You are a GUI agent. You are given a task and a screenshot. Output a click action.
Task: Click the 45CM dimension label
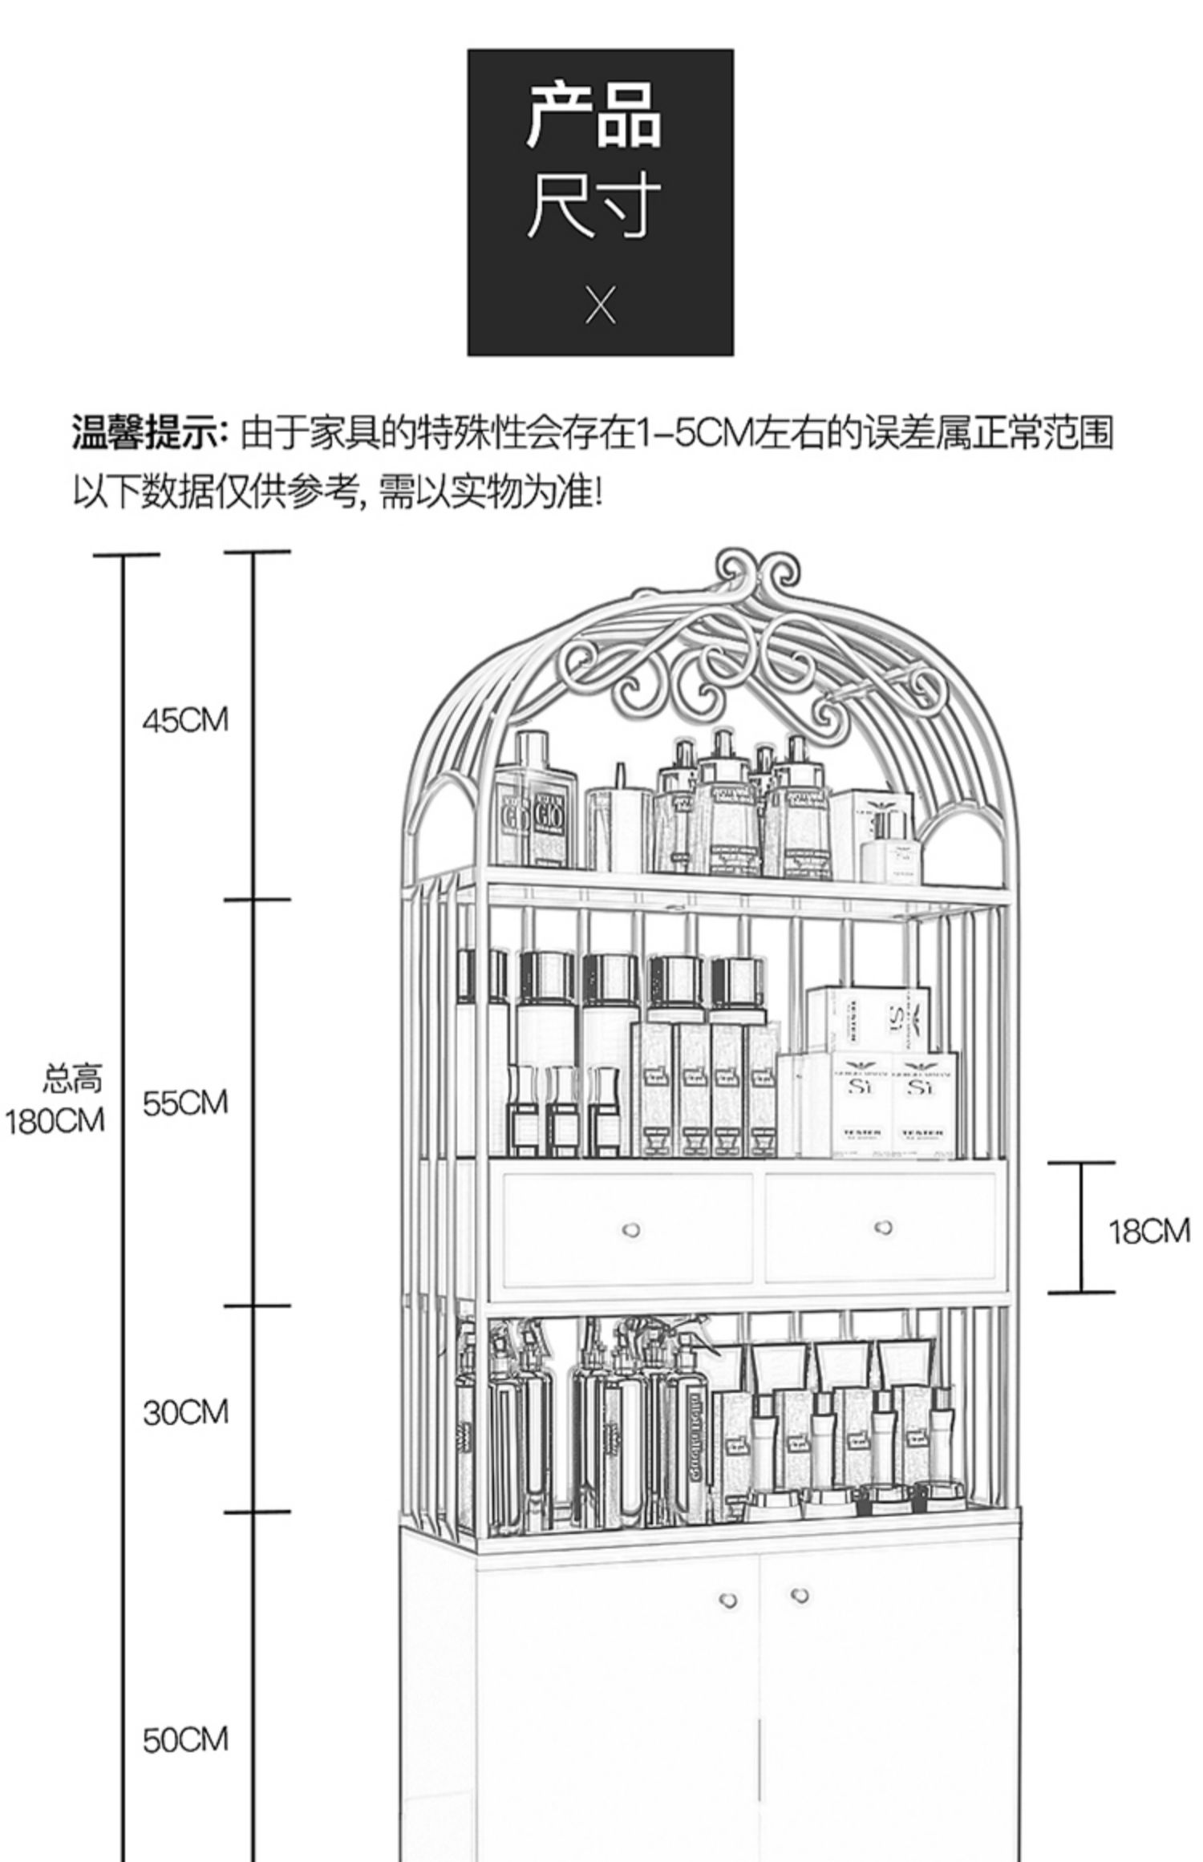pos(185,720)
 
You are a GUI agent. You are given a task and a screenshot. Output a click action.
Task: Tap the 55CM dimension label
pos(185,1103)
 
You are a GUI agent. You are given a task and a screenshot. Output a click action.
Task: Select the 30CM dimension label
pos(185,1412)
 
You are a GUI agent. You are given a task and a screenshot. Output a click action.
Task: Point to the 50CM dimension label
pos(185,1740)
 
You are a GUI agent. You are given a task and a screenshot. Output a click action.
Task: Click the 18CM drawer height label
pos(1148,1231)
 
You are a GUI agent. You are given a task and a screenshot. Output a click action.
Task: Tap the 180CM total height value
pos(55,1121)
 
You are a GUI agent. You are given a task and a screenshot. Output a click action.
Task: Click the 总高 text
pos(72,1079)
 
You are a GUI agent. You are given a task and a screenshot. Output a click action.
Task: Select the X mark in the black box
pos(600,306)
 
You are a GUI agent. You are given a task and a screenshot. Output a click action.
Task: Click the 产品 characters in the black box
pos(594,116)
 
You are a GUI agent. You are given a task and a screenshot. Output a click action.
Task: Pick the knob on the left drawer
pos(631,1230)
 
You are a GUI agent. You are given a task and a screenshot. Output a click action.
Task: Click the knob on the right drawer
pos(883,1228)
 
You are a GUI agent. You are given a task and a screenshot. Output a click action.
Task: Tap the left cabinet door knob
pos(727,1600)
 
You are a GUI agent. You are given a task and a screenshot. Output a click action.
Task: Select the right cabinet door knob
pos(799,1595)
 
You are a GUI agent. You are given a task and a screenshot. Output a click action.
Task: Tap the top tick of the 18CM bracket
pos(1080,1162)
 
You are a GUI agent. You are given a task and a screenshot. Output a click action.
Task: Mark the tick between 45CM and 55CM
pos(256,900)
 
